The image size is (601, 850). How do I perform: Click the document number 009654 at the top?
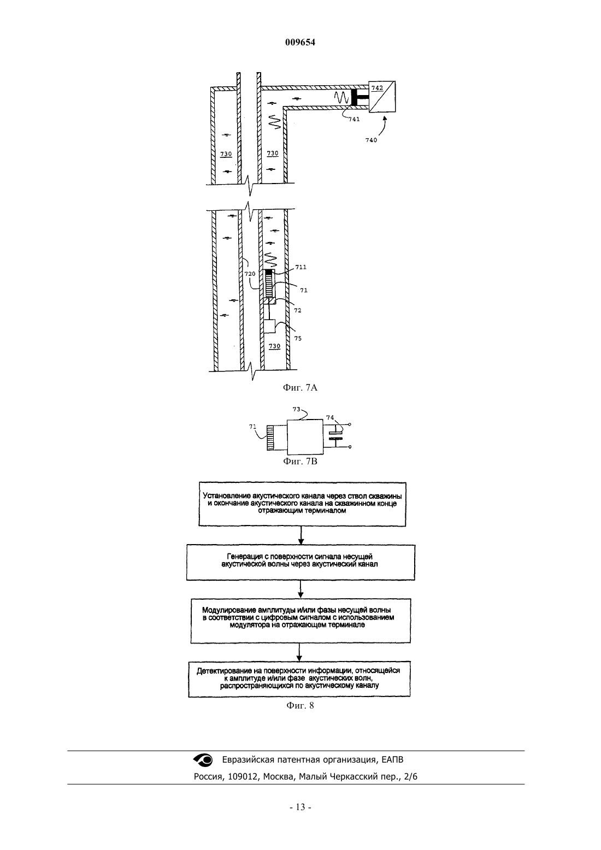(x=300, y=42)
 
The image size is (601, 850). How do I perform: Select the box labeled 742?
(x=382, y=97)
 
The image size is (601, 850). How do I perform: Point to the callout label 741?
(x=353, y=119)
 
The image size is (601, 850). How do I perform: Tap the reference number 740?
(x=371, y=140)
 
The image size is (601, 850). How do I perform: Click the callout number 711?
(x=300, y=267)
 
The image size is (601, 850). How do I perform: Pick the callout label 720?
(x=250, y=274)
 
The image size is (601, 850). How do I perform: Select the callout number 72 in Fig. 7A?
(x=298, y=310)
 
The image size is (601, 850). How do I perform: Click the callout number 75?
(x=298, y=339)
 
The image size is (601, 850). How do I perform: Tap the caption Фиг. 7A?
(x=300, y=387)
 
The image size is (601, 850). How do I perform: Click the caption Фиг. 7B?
(x=300, y=461)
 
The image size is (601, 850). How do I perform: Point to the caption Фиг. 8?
(x=300, y=705)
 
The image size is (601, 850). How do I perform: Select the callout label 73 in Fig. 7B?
(x=296, y=409)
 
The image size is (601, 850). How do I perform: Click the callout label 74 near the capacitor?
(x=330, y=417)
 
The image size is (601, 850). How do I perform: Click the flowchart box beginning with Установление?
(x=302, y=504)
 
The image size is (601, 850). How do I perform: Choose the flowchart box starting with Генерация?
(x=300, y=562)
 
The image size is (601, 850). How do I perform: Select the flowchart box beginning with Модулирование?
(x=300, y=621)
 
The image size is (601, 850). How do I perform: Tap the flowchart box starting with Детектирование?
(x=299, y=680)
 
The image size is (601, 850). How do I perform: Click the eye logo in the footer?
(x=203, y=760)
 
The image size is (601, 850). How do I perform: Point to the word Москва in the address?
(x=278, y=777)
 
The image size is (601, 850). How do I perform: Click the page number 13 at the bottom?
(x=300, y=807)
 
